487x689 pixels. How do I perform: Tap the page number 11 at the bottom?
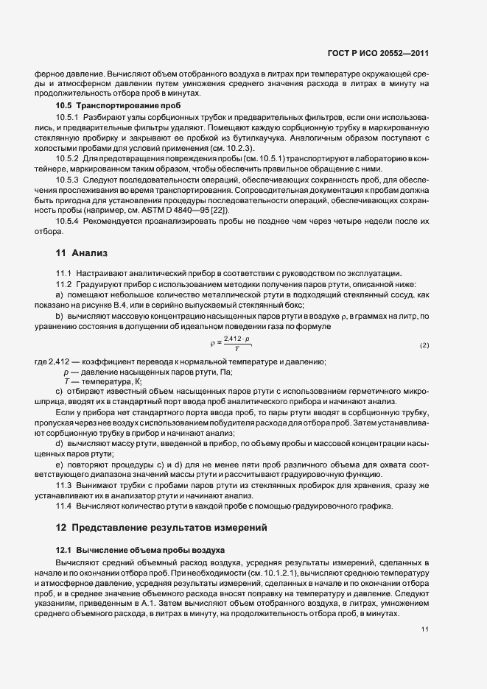[424, 629]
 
